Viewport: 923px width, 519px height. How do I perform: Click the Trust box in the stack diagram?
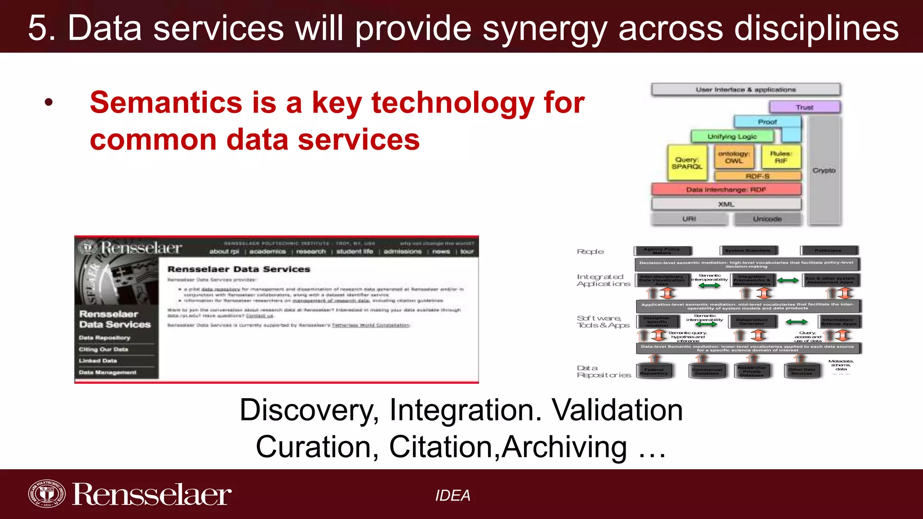[804, 107]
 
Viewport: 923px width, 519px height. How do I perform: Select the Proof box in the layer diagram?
[767, 122]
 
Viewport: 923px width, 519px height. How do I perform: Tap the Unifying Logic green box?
[732, 137]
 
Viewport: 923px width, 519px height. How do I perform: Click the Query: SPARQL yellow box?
[687, 163]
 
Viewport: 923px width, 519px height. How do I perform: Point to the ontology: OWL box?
[734, 157]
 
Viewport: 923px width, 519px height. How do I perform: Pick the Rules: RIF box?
[781, 157]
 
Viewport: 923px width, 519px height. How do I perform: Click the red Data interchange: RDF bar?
[726, 190]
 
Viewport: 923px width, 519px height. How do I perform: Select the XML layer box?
[726, 205]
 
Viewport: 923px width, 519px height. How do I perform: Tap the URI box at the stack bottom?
[689, 219]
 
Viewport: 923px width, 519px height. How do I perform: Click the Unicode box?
[767, 219]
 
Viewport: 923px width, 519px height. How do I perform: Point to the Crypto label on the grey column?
[824, 170]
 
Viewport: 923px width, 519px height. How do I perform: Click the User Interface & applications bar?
[746, 90]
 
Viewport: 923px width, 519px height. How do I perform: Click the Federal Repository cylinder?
[654, 371]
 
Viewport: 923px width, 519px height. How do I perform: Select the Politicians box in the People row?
[828, 250]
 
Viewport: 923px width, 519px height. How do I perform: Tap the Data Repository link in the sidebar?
[105, 337]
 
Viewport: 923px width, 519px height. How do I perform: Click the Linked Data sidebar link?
[98, 361]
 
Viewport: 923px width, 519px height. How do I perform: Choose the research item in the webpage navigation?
[311, 251]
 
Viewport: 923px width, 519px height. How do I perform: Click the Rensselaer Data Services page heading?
[239, 269]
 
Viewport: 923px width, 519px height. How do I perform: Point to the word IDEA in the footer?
[452, 496]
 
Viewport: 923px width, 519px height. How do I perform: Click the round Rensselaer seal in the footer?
[46, 494]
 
